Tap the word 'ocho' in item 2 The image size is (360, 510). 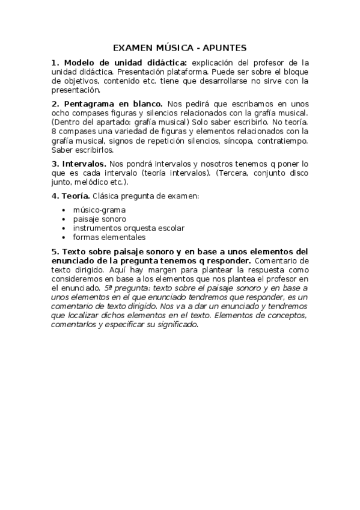[x=62, y=112]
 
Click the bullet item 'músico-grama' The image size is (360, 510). [x=99, y=210]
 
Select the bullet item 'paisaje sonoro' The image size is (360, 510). [x=100, y=219]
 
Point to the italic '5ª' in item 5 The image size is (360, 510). [x=108, y=288]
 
